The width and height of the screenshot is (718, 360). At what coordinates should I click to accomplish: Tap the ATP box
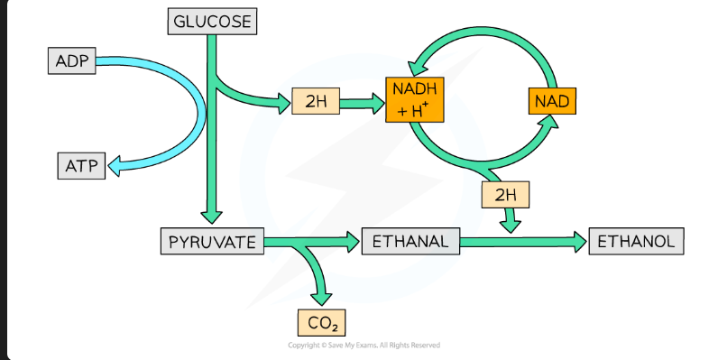79,165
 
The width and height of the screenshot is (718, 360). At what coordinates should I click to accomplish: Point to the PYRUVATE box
213,242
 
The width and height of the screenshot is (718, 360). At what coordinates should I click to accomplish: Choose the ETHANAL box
410,242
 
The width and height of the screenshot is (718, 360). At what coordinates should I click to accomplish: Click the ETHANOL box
636,242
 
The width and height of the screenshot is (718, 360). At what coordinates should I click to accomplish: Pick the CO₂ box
321,322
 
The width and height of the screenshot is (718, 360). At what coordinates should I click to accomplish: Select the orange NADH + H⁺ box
414,100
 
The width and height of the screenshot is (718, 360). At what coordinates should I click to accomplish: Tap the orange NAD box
550,100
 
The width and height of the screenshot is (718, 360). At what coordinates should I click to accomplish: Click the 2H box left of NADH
316,102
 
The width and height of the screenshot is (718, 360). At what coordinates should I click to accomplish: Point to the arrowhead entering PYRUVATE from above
211,217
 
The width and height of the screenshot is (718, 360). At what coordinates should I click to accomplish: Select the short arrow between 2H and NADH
362,102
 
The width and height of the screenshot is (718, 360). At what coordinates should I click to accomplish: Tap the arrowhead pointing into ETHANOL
577,241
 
